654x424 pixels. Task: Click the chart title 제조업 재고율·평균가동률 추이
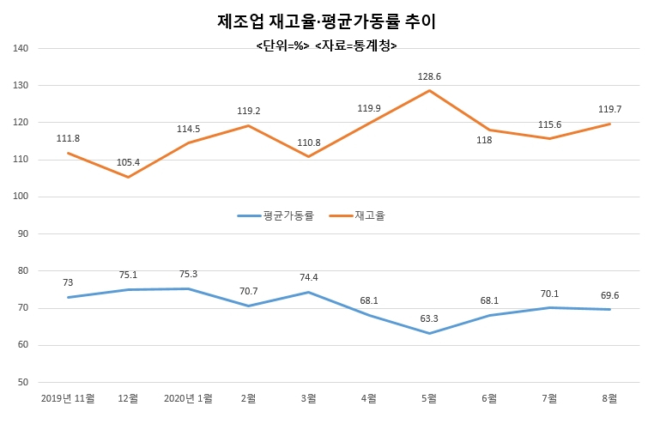tap(327, 21)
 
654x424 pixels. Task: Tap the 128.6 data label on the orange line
tap(429, 76)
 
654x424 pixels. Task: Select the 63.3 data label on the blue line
tap(429, 319)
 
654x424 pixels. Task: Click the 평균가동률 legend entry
tap(276, 215)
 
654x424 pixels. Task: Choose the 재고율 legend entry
tap(357, 215)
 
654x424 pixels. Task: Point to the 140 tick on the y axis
tap(21, 48)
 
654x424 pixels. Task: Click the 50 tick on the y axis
tap(23, 382)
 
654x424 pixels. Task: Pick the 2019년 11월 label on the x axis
tap(68, 398)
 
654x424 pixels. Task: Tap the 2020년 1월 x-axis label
tap(188, 398)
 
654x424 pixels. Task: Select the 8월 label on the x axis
tap(609, 398)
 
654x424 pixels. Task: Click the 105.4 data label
tap(128, 162)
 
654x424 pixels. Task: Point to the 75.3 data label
tap(188, 275)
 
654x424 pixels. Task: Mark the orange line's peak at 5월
tap(429, 90)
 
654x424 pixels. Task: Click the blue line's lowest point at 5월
tap(429, 333)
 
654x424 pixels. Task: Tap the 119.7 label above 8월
tap(609, 109)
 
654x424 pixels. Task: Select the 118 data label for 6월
tap(484, 141)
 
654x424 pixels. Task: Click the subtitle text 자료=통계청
tap(356, 45)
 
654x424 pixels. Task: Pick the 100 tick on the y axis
tap(21, 197)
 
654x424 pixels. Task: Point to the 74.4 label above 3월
tap(309, 278)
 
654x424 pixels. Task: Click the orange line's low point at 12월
tap(128, 177)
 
